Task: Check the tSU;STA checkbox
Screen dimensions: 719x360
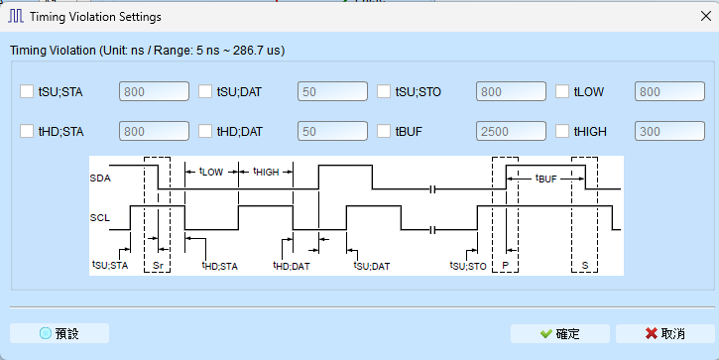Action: (27, 91)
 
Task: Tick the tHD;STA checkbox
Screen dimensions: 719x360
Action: (27, 131)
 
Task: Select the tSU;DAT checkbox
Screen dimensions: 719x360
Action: (205, 91)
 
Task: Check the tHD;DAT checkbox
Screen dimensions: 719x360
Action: (205, 131)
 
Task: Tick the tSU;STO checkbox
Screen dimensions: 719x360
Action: (384, 91)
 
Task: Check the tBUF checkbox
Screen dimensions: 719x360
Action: (384, 131)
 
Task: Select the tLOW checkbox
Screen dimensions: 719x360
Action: (562, 91)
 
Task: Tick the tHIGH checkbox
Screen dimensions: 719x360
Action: (562, 131)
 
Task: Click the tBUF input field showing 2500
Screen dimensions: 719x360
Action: (511, 131)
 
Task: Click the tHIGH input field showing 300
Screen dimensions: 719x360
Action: (669, 131)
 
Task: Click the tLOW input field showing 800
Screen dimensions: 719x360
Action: (669, 91)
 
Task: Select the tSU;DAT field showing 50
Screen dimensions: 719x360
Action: (332, 91)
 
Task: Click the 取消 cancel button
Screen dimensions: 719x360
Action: (664, 333)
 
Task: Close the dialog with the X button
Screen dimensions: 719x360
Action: (706, 16)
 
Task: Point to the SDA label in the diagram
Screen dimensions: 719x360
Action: (100, 178)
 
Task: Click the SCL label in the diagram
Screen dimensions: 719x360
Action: (100, 217)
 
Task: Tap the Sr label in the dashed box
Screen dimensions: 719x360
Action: (158, 266)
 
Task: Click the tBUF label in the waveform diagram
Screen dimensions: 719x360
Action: (546, 179)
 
